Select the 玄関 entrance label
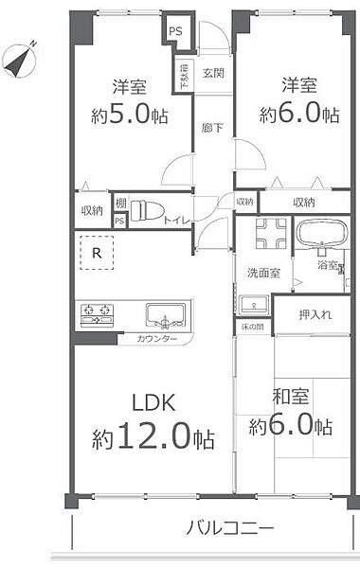point(213,74)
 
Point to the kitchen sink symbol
point(168,314)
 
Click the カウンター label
point(155,338)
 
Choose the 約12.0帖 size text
point(153,438)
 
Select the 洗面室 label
point(263,274)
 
